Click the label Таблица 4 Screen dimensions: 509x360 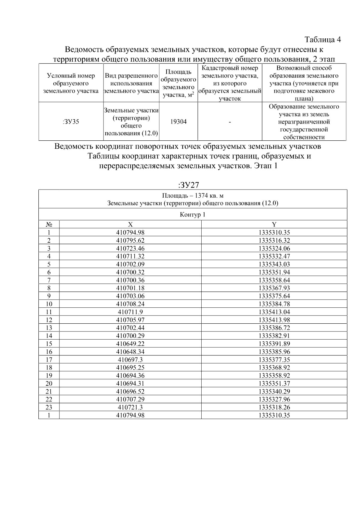click(322, 40)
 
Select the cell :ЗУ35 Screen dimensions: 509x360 click(71, 122)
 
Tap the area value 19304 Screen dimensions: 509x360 click(178, 122)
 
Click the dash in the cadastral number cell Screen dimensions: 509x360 click(230, 122)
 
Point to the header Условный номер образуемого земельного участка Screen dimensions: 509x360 click(71, 83)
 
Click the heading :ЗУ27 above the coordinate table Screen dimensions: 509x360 click(189, 185)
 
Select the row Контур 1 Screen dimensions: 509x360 click(193, 215)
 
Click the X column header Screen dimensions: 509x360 click(130, 225)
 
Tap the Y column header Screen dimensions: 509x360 click(274, 225)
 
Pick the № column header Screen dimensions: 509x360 click(49, 225)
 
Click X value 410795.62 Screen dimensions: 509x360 click(130, 241)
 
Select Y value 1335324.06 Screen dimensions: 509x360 click(274, 248)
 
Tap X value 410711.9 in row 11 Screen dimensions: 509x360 click(130, 312)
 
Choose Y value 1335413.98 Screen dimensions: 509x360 click(274, 320)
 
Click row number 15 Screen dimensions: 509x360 click(49, 344)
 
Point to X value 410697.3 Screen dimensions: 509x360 click(130, 360)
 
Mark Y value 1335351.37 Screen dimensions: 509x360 click(274, 384)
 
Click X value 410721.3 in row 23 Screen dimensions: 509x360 click(130, 407)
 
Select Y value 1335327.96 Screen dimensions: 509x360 click(274, 400)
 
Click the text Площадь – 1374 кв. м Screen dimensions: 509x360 click(193, 196)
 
